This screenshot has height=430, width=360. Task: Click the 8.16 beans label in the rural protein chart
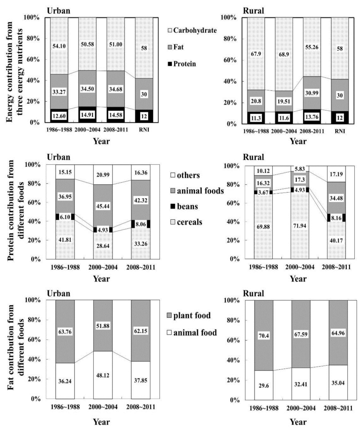338,217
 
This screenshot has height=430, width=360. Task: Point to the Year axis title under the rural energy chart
298,141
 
